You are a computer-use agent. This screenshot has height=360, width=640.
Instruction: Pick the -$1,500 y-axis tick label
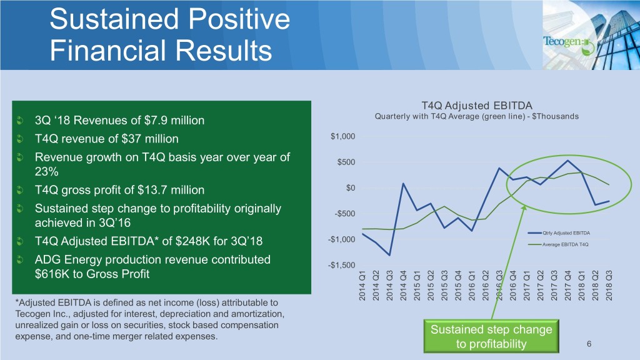click(341, 266)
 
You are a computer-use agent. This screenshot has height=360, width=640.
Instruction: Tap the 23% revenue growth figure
click(46, 172)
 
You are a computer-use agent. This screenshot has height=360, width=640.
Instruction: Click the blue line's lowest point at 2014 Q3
click(389, 255)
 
